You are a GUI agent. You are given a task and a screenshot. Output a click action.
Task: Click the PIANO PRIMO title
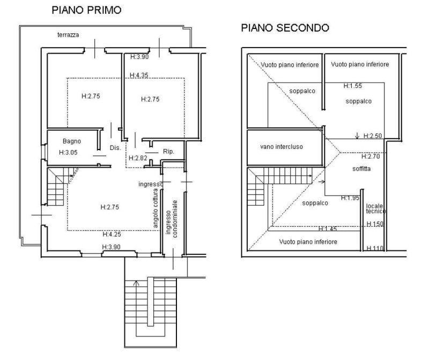pos(86,10)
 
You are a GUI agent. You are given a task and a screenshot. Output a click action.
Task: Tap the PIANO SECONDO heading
pos(285,27)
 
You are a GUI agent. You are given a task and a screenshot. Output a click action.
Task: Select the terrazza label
pos(69,35)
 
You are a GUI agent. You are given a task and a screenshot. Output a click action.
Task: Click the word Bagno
pos(71,141)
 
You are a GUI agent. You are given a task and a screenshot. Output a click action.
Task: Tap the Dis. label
pos(114,148)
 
